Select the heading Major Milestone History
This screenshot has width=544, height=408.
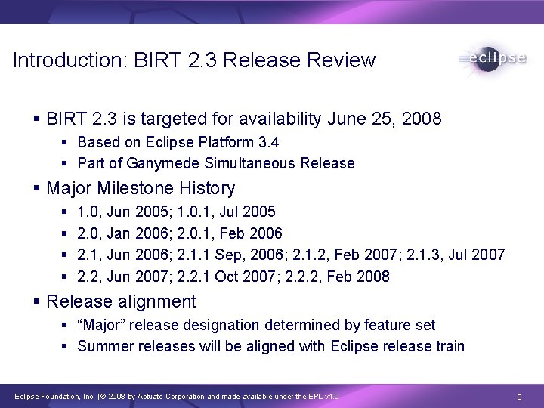click(141, 187)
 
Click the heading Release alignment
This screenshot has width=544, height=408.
click(121, 301)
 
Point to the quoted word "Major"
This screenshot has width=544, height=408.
click(101, 325)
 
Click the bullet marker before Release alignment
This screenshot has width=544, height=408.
click(37, 302)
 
